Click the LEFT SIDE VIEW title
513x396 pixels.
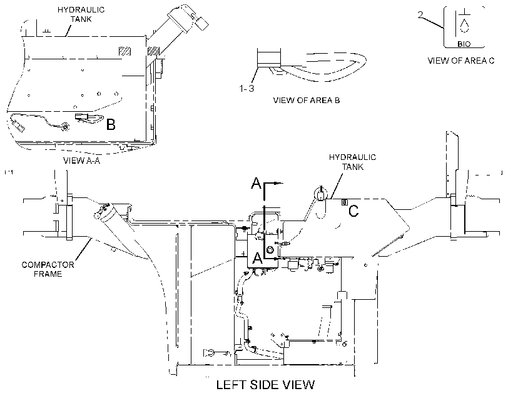pos(265,385)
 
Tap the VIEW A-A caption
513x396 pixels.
pos(81,161)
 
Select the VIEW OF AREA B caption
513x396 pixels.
pos(307,101)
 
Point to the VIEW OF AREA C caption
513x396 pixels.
pos(461,61)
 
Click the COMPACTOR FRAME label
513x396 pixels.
pos(48,269)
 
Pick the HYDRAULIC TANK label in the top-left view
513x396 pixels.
pos(81,14)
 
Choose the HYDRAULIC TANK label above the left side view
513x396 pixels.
pos(352,162)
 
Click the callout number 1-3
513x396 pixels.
pos(246,89)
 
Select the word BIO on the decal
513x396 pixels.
pos(464,44)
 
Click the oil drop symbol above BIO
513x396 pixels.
pos(464,26)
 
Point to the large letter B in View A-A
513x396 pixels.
pos(111,124)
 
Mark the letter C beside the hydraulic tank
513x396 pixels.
pos(353,210)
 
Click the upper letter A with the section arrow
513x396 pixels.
pos(256,183)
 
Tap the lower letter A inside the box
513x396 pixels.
pos(258,258)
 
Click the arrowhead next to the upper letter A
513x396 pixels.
pos(279,184)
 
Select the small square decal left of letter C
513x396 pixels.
pos(345,202)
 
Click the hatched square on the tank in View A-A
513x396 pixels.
pos(124,51)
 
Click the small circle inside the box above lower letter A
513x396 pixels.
pos(270,250)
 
